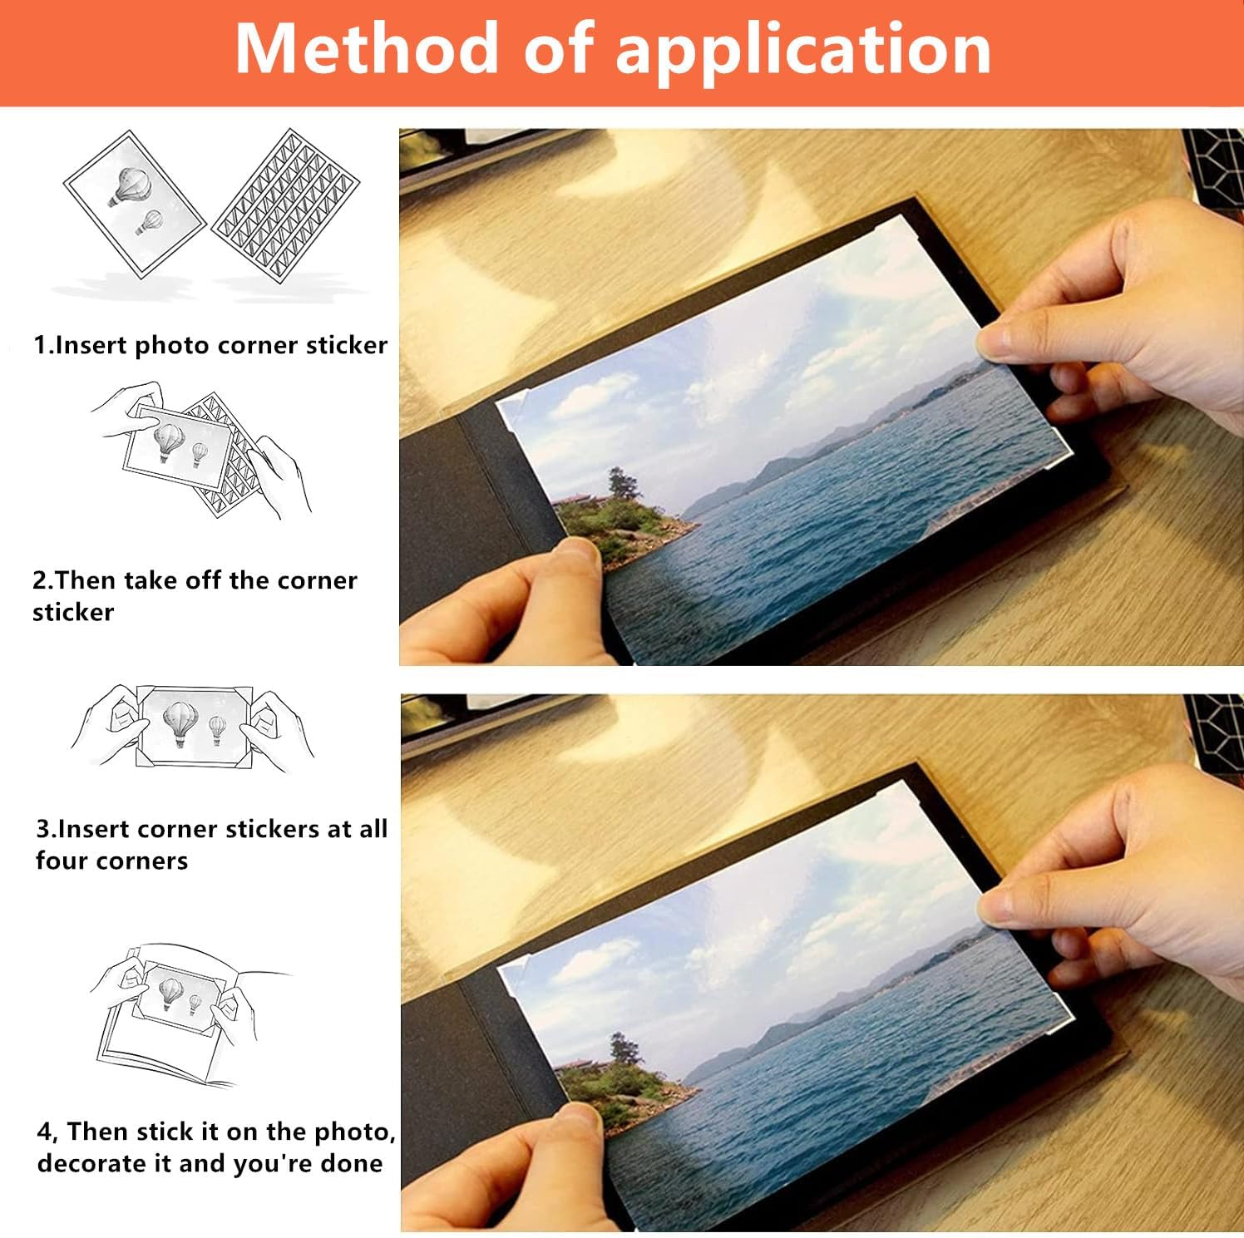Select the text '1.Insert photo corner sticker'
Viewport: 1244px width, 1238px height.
[210, 345]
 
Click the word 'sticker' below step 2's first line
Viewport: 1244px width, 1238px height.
[73, 613]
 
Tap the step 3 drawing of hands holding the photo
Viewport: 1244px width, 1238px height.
[192, 728]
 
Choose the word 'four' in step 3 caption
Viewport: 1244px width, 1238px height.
[62, 861]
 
